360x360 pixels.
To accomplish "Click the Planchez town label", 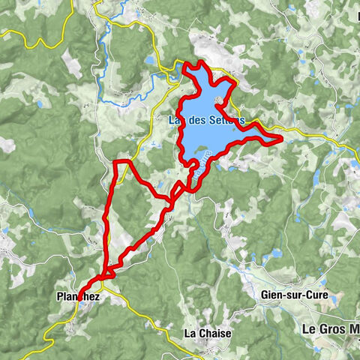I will click(x=78, y=298).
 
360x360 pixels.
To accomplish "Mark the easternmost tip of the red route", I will click(x=281, y=139).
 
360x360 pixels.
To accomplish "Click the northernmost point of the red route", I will click(x=185, y=64).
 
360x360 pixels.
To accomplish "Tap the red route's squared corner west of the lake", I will click(x=114, y=161).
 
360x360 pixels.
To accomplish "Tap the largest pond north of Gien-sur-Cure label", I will click(x=273, y=253).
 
